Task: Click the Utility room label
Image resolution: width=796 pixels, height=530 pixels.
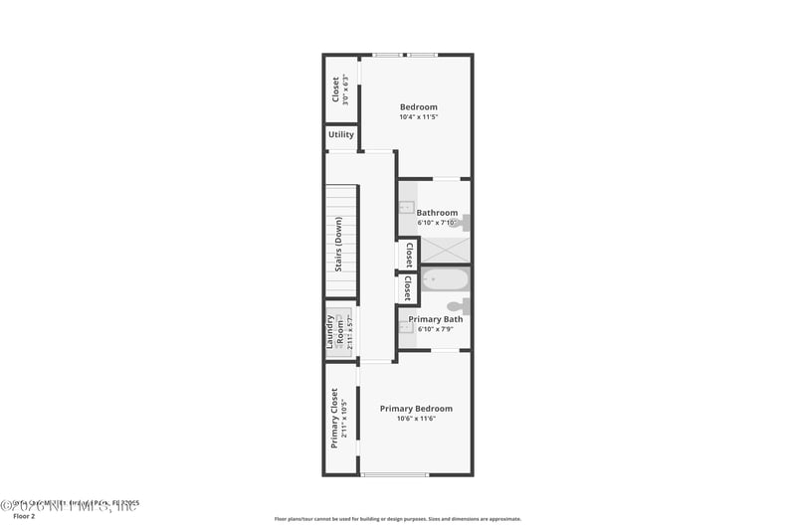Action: [341, 134]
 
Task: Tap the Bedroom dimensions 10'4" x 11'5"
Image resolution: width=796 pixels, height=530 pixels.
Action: [418, 117]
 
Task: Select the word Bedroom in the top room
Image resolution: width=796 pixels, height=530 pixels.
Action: [418, 106]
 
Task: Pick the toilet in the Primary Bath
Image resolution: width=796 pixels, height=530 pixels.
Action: [459, 306]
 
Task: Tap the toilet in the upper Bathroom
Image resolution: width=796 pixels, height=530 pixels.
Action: [460, 224]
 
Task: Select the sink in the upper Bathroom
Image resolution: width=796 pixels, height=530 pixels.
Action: [406, 208]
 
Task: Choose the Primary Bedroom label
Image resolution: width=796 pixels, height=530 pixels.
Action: [416, 409]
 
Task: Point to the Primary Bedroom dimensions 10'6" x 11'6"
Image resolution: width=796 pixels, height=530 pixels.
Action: [416, 419]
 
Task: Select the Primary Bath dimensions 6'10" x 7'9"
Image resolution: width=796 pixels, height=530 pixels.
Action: [436, 329]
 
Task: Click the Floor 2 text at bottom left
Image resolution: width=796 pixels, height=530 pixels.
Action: [24, 516]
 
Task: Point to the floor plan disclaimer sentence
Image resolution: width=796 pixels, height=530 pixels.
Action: [397, 518]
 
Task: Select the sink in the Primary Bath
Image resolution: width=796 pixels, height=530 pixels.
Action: [406, 325]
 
